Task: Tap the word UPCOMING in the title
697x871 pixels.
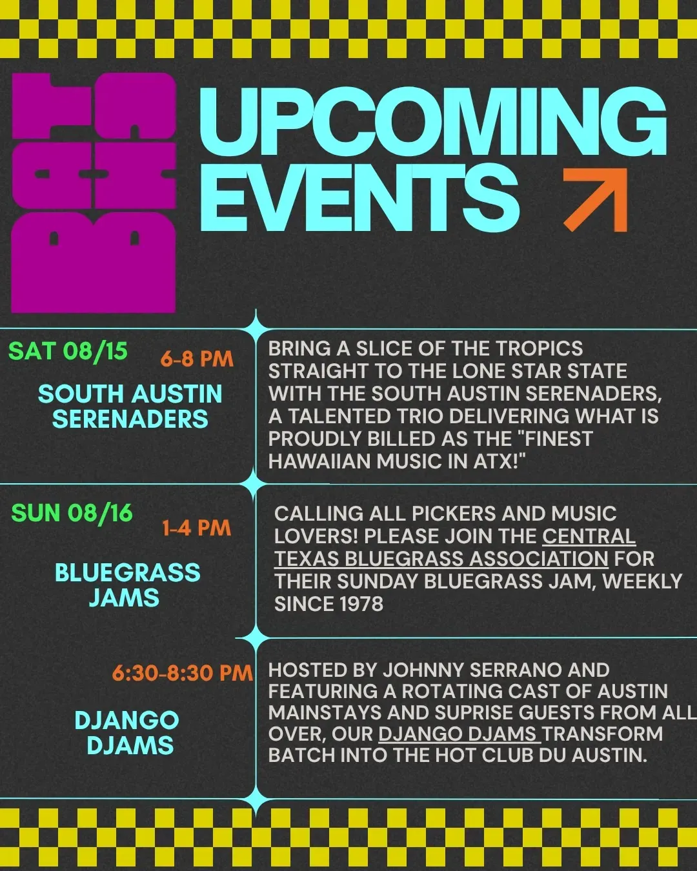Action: click(433, 121)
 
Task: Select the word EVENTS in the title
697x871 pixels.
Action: click(359, 198)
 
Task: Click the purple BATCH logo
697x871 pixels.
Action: click(94, 193)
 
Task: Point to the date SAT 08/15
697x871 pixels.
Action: click(68, 351)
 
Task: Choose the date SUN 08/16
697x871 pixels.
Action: click(72, 513)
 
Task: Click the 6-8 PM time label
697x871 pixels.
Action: click(197, 359)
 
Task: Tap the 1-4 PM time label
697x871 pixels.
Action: click(196, 528)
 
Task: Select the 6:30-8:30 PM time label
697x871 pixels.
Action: click(182, 673)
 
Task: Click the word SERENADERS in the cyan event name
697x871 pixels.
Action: click(130, 419)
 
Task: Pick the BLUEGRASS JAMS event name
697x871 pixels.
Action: click(127, 585)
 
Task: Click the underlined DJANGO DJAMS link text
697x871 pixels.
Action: click(460, 734)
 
